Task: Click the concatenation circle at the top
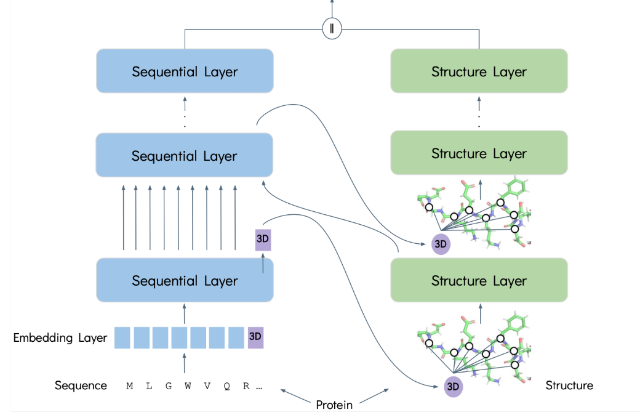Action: click(x=332, y=29)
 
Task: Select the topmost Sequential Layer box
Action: click(x=185, y=71)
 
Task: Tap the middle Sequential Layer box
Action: click(x=185, y=155)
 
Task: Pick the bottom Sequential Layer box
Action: click(x=185, y=280)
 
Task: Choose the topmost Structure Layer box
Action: click(x=479, y=71)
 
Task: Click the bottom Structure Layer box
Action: click(x=479, y=280)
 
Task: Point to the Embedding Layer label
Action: click(x=60, y=337)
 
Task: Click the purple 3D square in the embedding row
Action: click(x=255, y=337)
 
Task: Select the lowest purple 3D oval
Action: click(x=452, y=386)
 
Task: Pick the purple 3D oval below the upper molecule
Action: click(x=441, y=243)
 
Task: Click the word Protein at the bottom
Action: click(x=334, y=405)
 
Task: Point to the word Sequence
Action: click(x=81, y=386)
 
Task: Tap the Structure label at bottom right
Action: click(x=569, y=386)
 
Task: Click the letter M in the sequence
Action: click(x=129, y=387)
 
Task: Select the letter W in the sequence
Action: click(x=187, y=387)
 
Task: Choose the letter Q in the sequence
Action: click(x=226, y=387)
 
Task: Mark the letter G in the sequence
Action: click(x=168, y=387)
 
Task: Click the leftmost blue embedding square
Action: click(x=122, y=337)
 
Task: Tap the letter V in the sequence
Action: click(x=207, y=387)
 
